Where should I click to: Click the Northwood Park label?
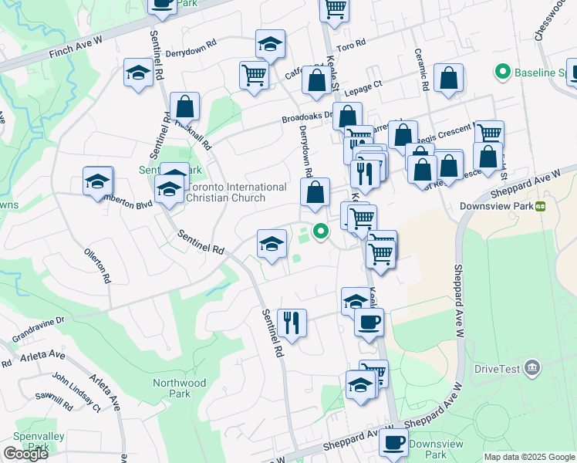(179, 388)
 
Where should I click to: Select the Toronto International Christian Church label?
(227, 192)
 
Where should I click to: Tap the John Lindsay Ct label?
(76, 391)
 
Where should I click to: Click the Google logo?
(25, 454)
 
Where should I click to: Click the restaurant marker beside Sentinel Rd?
(292, 321)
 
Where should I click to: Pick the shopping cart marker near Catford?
(254, 75)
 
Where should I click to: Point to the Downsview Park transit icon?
(541, 206)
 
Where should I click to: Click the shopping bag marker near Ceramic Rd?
(448, 79)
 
